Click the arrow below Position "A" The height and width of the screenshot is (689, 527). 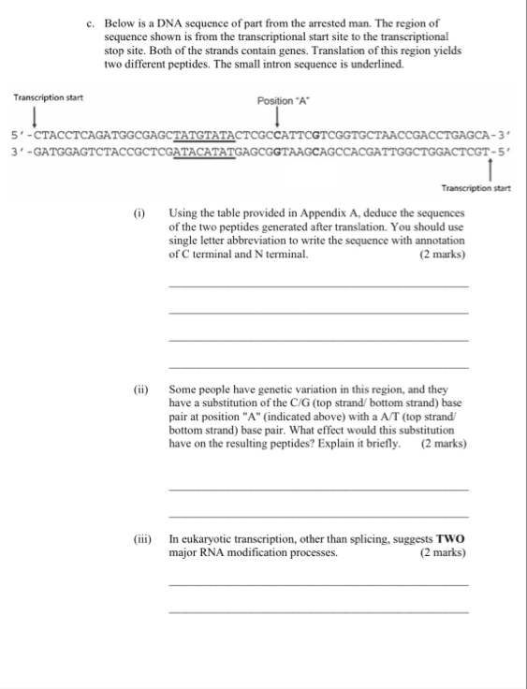pos(278,117)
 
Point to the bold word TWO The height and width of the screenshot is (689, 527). pos(451,541)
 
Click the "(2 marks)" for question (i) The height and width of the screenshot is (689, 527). pos(444,255)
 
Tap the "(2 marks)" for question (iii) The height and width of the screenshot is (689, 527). pos(444,554)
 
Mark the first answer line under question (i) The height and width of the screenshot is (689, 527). pos(318,286)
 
